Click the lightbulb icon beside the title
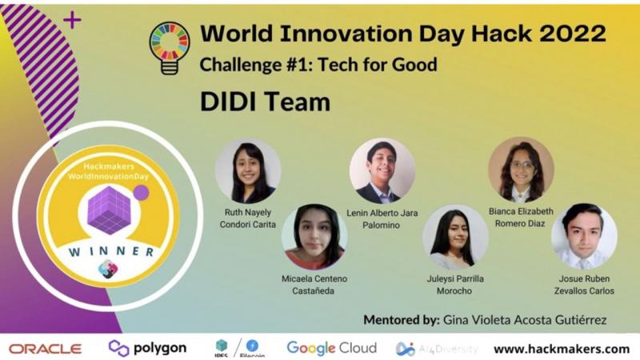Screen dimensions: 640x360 click(x=170, y=48)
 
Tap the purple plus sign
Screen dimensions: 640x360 click(x=72, y=20)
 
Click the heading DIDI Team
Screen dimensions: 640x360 click(x=265, y=102)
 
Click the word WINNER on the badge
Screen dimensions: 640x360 click(x=111, y=251)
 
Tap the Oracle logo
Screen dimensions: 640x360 click(x=46, y=349)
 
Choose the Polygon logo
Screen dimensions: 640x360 click(x=147, y=348)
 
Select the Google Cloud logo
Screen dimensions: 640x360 click(x=331, y=348)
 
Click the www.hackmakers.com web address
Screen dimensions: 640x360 click(x=562, y=349)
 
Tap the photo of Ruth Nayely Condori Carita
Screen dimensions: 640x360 click(x=248, y=171)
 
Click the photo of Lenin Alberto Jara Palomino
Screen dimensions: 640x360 click(x=382, y=171)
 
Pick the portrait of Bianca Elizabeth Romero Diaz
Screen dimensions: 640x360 click(x=522, y=170)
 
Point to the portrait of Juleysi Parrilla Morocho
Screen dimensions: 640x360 click(x=455, y=238)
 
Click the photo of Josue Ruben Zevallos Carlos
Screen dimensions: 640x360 click(x=584, y=237)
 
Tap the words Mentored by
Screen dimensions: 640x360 click(x=402, y=320)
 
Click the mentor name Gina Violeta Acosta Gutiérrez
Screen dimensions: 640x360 click(x=525, y=320)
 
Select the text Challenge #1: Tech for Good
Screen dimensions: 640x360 click(x=318, y=65)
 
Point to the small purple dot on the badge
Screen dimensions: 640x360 click(x=142, y=193)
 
